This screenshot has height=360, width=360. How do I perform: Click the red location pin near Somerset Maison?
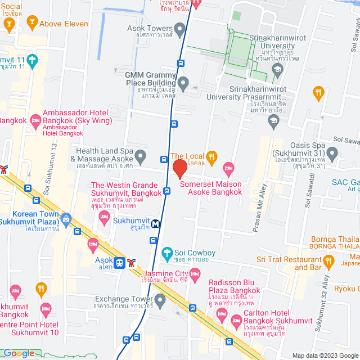click(179, 168)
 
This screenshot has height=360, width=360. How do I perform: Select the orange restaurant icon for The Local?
click(211, 156)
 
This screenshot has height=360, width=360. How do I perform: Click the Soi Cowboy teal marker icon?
click(166, 253)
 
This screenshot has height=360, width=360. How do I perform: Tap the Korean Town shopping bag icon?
click(66, 218)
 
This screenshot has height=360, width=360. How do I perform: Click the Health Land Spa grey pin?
click(141, 155)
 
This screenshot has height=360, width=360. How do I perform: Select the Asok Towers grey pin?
click(180, 28)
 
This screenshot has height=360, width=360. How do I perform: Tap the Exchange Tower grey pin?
click(160, 299)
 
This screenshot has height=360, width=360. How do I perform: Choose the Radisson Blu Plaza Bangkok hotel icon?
click(195, 275)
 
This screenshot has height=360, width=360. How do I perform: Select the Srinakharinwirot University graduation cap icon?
click(277, 70)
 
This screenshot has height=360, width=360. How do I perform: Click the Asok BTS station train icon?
click(119, 262)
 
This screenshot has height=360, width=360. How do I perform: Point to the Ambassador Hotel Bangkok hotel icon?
click(36, 119)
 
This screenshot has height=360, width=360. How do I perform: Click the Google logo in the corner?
click(19, 353)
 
